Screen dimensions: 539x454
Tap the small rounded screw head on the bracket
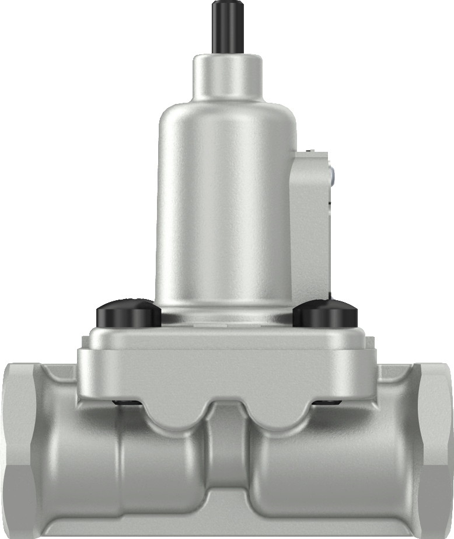pyautogui.click(x=331, y=174)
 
